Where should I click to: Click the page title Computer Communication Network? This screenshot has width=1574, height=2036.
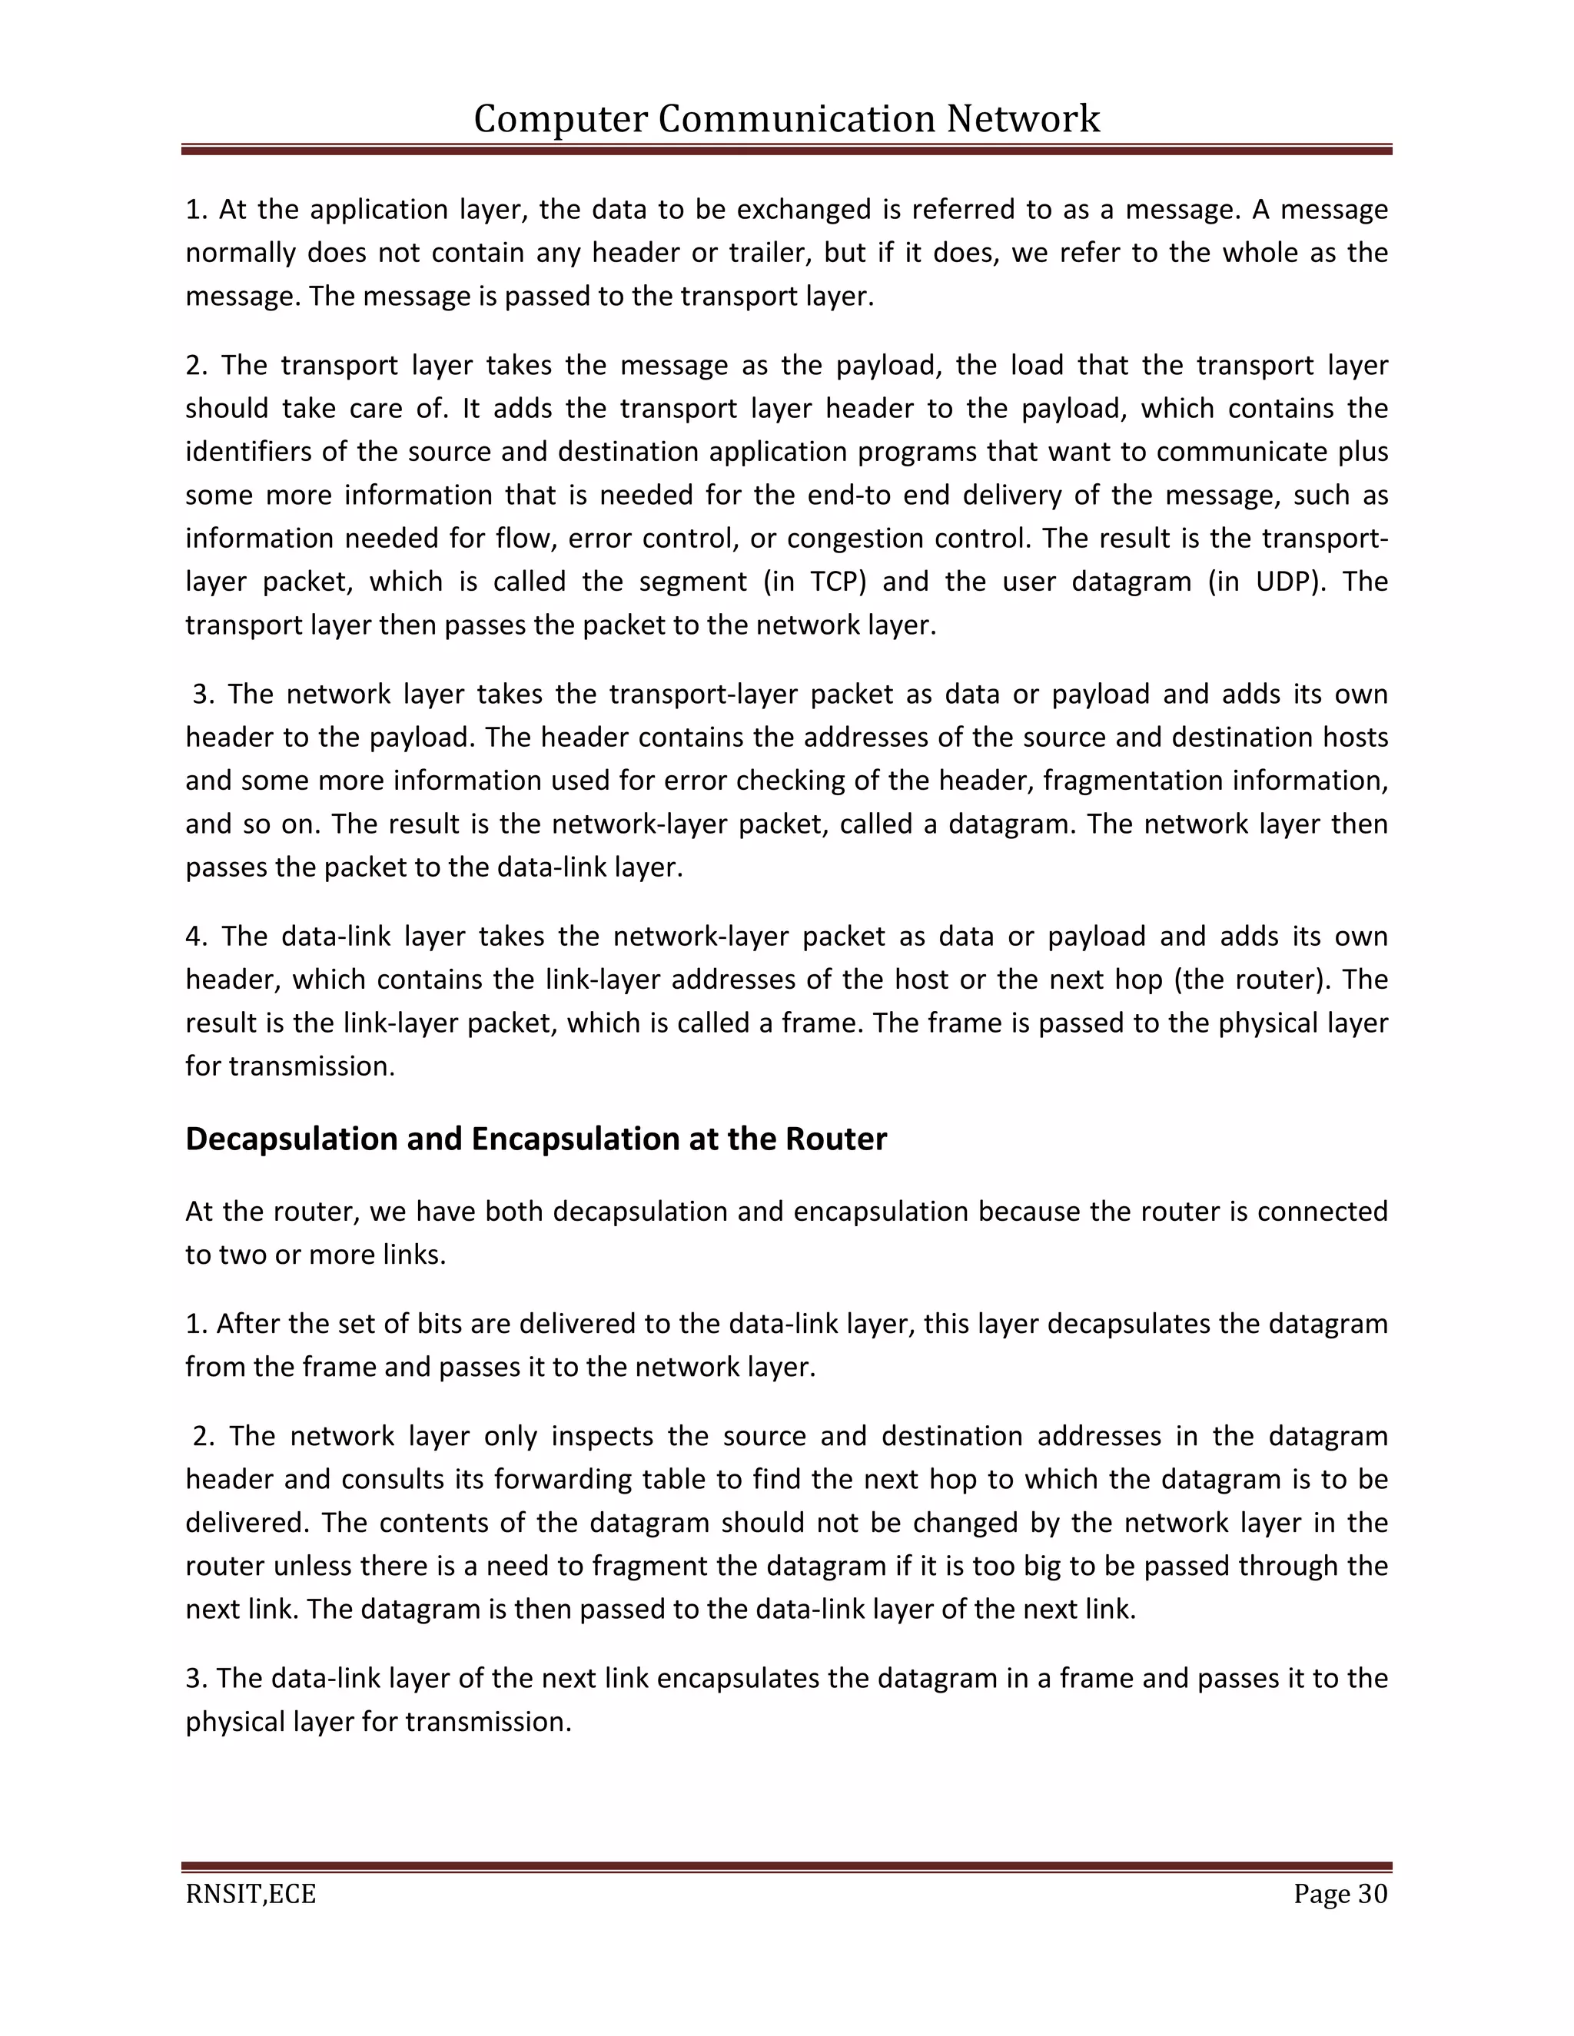[786, 119]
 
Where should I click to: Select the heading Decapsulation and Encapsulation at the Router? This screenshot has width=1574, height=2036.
[536, 1139]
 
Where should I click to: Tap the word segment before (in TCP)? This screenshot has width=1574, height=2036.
[692, 582]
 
